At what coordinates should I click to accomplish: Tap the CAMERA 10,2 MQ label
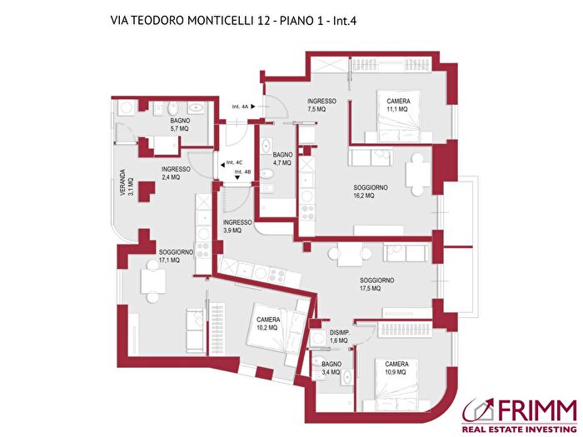[x=267, y=324]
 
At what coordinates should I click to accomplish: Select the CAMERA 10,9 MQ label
[x=396, y=368]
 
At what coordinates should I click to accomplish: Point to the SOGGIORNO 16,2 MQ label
[x=371, y=192]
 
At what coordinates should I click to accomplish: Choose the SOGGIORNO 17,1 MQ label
[x=176, y=256]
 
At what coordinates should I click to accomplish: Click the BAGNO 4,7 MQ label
[x=282, y=159]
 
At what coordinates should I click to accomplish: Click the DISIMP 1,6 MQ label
[x=338, y=336]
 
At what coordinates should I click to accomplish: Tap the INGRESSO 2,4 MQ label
[x=176, y=173]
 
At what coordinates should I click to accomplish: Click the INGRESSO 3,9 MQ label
[x=237, y=226]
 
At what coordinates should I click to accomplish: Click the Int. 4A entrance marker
[x=247, y=107]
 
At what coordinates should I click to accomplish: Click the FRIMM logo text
[x=537, y=410]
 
